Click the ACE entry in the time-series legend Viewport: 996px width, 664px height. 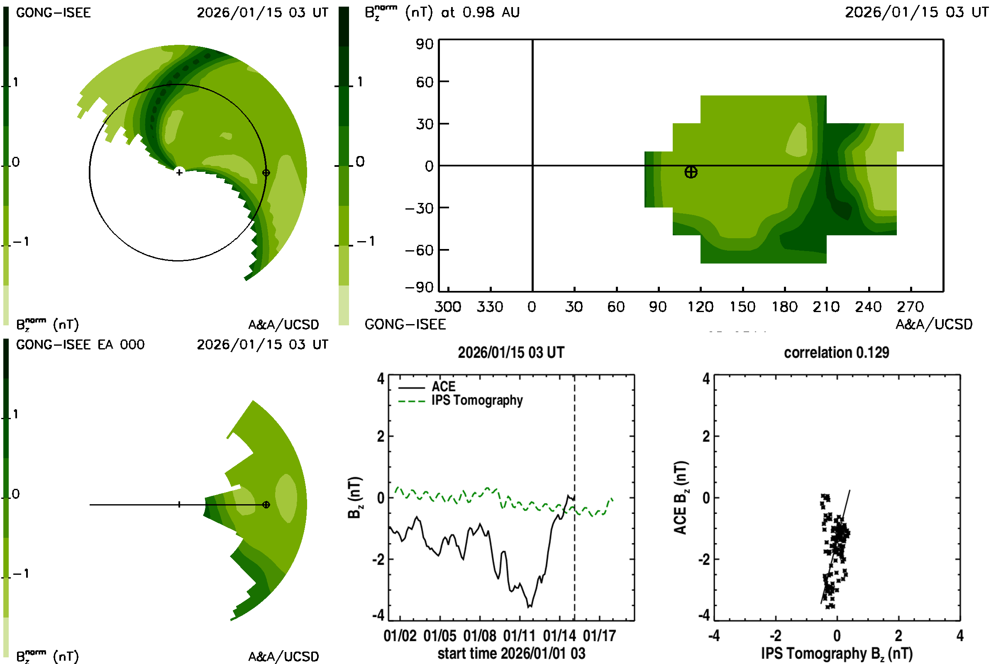443,387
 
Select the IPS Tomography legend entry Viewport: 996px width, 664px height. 477,400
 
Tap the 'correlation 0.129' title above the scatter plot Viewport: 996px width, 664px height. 836,353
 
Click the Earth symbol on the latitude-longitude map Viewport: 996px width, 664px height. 691,172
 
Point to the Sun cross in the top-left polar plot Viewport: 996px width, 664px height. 179,172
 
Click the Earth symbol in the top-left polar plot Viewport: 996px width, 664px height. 266,172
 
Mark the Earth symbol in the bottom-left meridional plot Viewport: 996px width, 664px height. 266,505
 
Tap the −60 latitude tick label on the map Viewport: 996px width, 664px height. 419,250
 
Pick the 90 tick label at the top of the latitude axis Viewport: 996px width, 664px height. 424,44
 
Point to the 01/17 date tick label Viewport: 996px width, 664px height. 599,636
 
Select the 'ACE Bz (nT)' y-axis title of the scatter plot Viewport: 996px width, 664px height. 680,498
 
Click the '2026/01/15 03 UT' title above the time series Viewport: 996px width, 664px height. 511,353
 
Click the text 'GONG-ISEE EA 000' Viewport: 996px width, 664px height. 81,345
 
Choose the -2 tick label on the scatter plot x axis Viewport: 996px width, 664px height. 775,636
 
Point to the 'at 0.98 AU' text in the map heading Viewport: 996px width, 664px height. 480,13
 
